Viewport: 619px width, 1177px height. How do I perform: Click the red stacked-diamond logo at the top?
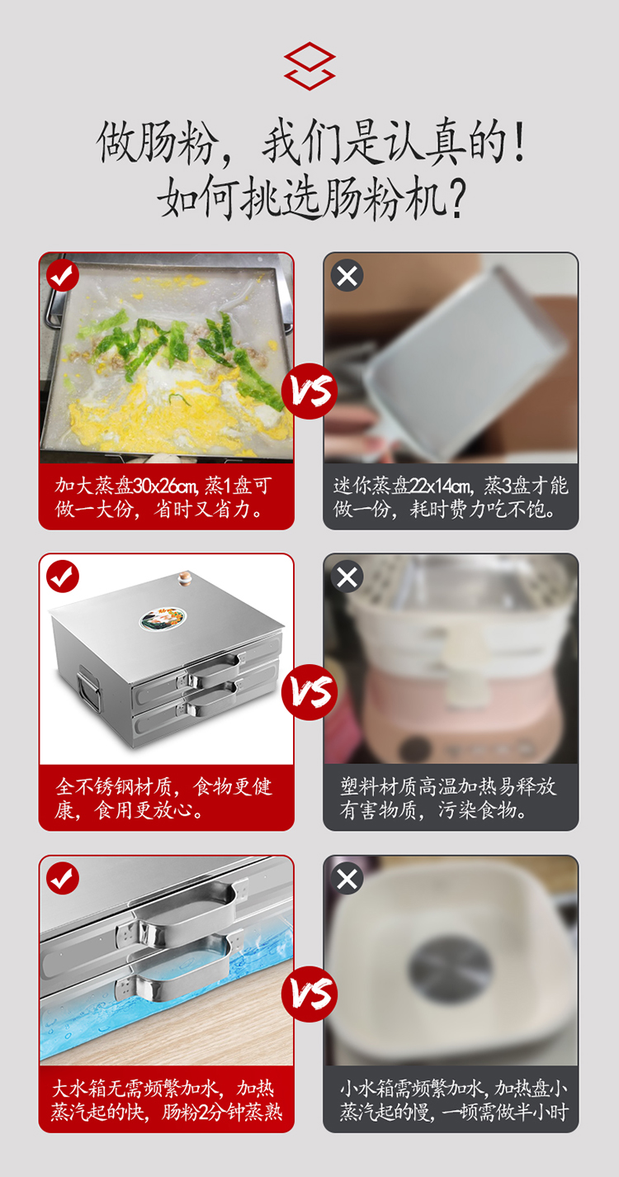(309, 66)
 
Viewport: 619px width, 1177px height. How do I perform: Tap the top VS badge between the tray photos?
(309, 392)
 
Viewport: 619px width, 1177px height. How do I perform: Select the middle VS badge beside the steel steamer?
(309, 692)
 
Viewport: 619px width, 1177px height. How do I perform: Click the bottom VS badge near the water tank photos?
(309, 994)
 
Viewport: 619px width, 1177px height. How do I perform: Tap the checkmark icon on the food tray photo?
(63, 275)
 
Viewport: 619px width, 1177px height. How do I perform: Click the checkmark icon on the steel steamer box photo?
(63, 577)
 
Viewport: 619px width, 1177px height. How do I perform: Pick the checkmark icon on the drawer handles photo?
(63, 878)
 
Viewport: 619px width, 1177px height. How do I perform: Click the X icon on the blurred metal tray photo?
(347, 275)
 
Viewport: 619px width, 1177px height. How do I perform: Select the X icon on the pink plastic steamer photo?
(347, 577)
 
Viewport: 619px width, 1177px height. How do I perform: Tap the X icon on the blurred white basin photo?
(347, 878)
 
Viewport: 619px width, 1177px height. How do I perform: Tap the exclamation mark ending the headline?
(519, 141)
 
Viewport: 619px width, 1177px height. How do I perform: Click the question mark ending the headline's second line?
(456, 199)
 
